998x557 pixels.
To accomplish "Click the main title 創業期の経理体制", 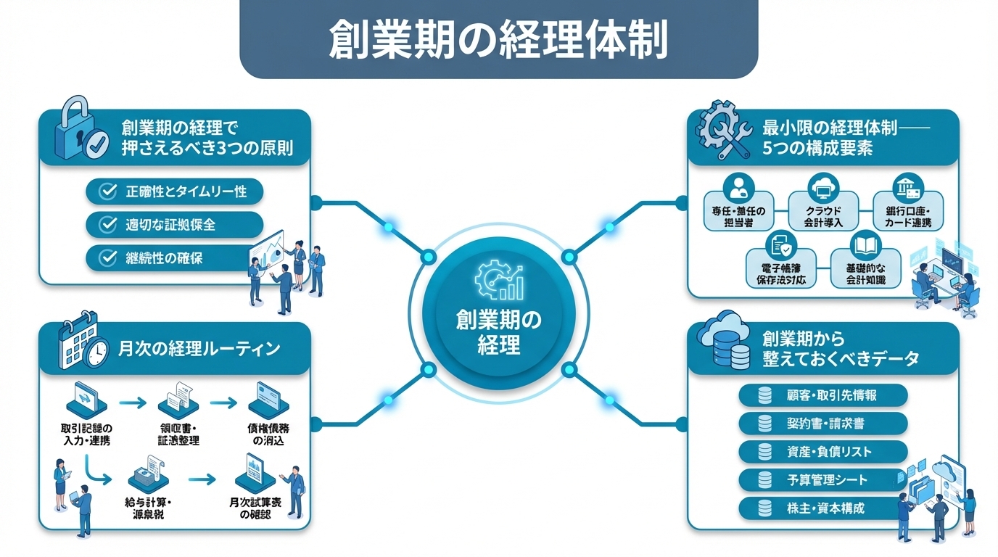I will pos(498,40).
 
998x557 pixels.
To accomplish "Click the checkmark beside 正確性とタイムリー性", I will pos(107,191).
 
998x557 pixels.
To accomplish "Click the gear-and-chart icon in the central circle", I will pos(499,280).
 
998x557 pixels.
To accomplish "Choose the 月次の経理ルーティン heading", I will pos(199,348).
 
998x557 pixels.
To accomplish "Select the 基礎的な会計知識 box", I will pos(865,267).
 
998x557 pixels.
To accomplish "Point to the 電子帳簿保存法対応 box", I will pos(780,267).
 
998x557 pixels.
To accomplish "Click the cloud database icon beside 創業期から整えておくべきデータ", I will pos(723,346).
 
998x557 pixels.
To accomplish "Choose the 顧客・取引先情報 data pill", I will pos(822,395).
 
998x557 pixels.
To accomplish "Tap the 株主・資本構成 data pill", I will pos(822,508).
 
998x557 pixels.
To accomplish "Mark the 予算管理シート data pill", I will pos(822,479).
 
